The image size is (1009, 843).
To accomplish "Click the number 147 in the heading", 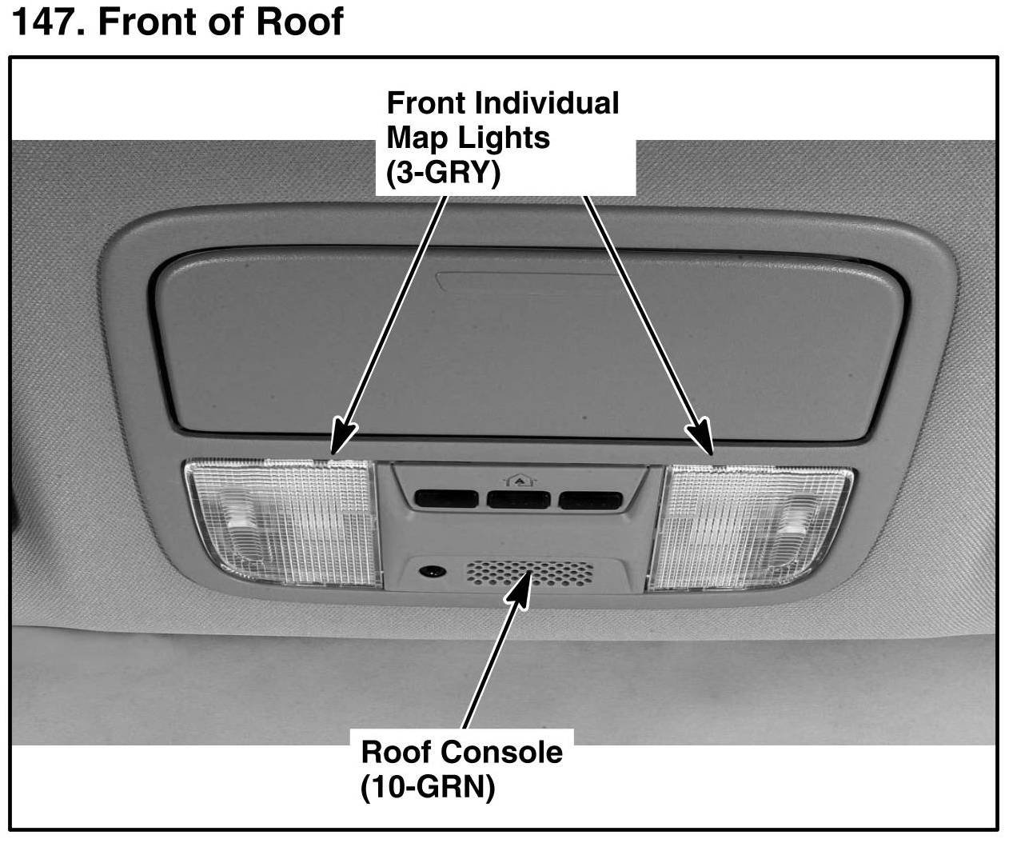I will (46, 22).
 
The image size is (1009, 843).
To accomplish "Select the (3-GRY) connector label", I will (442, 173).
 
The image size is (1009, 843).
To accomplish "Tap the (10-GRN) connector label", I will (428, 788).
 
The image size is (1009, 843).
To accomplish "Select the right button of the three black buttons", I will (591, 501).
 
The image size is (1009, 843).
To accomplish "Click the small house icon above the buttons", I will (516, 480).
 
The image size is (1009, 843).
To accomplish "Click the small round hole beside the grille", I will (433, 572).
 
